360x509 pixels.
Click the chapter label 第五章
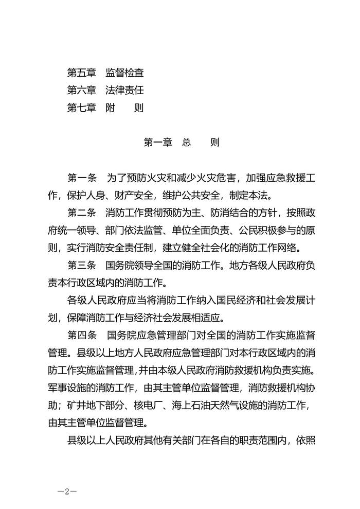point(82,73)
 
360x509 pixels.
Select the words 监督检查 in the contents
point(124,73)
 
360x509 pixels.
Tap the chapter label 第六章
point(82,90)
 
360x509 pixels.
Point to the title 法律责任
point(124,90)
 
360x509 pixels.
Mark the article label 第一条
point(82,178)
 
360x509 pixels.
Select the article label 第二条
point(82,213)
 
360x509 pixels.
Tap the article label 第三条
point(82,266)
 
